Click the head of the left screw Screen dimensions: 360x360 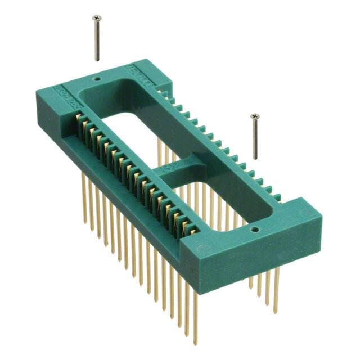96,17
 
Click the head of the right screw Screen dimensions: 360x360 254,116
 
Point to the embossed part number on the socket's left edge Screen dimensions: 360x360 64,92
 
